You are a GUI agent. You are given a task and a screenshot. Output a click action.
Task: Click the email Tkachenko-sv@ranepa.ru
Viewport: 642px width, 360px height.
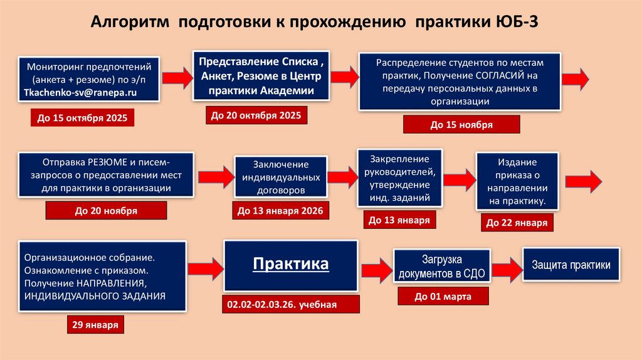click(80, 92)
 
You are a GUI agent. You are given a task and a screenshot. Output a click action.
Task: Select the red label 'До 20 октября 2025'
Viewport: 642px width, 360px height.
click(255, 115)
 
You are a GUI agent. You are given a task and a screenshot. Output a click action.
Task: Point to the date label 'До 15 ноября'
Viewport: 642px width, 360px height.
click(461, 125)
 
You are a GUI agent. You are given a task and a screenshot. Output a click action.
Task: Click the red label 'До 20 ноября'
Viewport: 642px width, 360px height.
click(106, 211)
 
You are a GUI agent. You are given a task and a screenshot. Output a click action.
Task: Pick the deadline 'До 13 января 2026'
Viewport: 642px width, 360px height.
click(280, 211)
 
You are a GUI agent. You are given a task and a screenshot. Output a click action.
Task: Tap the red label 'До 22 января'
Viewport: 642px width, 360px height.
click(517, 223)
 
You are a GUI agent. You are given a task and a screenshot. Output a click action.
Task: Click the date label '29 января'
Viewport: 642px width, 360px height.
click(95, 324)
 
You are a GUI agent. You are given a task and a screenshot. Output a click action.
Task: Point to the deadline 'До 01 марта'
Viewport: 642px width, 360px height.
click(443, 296)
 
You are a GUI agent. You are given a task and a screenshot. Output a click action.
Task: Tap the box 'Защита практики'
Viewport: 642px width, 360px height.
click(571, 265)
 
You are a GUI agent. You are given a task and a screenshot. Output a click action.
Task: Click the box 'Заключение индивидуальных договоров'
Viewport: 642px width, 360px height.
click(280, 176)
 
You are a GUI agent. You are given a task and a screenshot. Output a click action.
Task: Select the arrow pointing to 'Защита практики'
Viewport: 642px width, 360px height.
click(507, 265)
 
